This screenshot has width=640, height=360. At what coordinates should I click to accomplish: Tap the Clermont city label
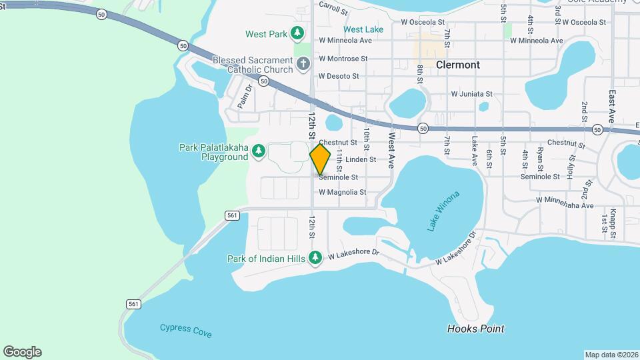[x=457, y=65]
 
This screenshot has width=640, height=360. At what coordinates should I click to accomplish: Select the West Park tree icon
[x=297, y=33]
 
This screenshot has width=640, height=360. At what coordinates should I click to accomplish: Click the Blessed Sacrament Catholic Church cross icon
[x=303, y=64]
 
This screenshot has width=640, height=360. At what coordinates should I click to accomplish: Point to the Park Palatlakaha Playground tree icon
[x=259, y=152]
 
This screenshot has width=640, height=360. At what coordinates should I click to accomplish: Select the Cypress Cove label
[x=186, y=329]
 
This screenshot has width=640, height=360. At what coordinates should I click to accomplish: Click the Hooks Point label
[x=475, y=329]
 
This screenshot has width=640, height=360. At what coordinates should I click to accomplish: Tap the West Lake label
[x=363, y=29]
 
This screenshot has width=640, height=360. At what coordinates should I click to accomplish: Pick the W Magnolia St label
[x=343, y=192]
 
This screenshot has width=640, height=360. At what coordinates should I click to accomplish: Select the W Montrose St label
[x=343, y=59]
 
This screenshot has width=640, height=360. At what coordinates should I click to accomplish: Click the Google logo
[x=22, y=351]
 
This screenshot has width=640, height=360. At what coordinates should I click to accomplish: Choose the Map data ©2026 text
[x=611, y=354]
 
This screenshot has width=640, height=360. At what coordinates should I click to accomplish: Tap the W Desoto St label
[x=339, y=77]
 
